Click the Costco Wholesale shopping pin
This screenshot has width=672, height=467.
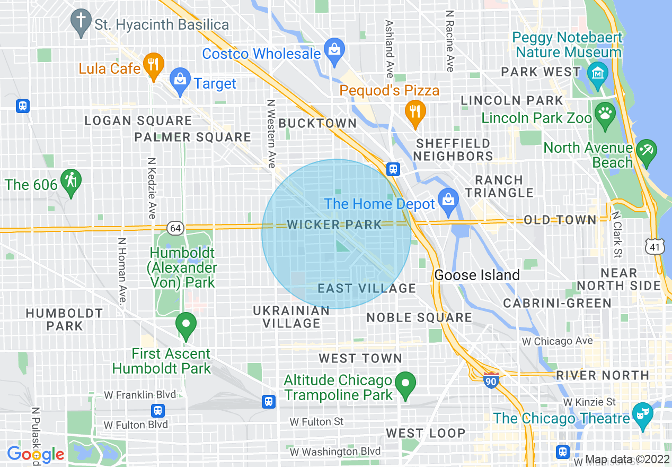[334, 51]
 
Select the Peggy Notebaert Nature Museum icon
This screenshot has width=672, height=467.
[598, 72]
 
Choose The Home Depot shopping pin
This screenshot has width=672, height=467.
[448, 201]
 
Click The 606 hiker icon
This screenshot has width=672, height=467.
[70, 181]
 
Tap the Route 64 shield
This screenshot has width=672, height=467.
[175, 228]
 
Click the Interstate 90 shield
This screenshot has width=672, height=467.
[491, 379]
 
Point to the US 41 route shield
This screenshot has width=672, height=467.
[655, 246]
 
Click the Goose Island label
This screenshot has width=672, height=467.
[477, 275]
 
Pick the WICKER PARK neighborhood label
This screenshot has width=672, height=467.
[334, 224]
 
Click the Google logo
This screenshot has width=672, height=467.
[36, 454]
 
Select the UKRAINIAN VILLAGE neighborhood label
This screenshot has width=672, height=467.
[291, 317]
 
